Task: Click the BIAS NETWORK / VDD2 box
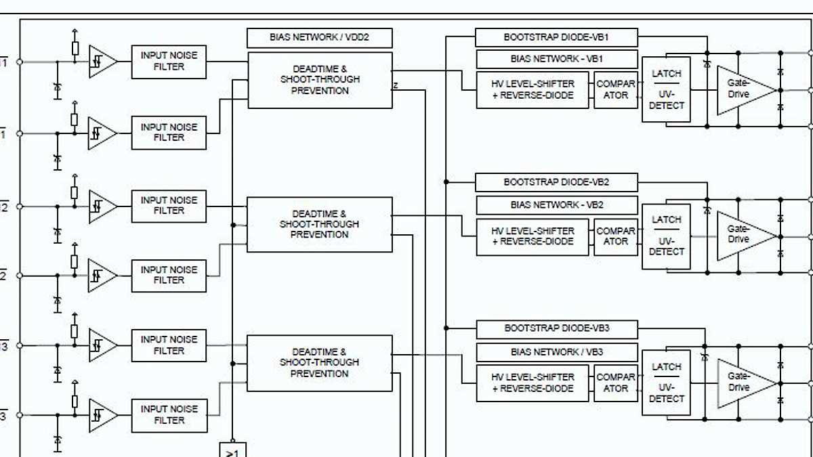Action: [320, 37]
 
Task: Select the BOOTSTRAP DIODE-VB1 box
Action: [556, 37]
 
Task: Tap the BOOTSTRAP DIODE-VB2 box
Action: [556, 182]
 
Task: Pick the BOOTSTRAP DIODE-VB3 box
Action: [557, 329]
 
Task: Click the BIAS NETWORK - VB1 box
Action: [557, 59]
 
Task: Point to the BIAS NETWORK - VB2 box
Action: [557, 204]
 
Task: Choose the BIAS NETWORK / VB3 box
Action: [557, 352]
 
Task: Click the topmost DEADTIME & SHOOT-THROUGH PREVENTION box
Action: [320, 80]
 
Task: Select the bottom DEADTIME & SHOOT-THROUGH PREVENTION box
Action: [319, 363]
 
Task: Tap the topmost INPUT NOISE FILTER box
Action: [169, 62]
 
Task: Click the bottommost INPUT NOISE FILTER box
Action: [169, 415]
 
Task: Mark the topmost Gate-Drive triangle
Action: [742, 90]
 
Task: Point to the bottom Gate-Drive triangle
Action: [742, 383]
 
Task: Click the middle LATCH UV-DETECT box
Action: [667, 236]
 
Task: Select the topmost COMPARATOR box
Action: [616, 90]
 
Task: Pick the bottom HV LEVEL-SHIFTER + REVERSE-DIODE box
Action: [533, 383]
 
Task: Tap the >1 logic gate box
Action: [232, 450]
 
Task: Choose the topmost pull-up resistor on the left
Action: [75, 49]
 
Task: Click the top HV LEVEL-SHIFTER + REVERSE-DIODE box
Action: [533, 90]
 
